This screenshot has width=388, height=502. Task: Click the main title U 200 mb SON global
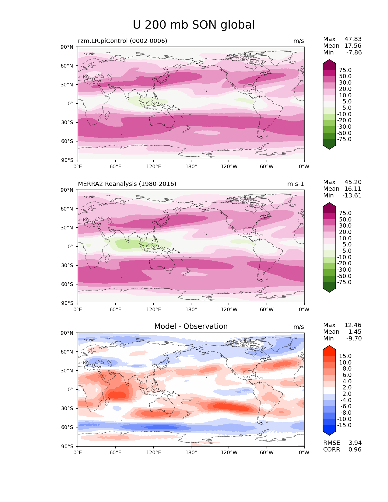tap(194, 25)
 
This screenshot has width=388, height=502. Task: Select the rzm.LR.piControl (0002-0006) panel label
tap(122, 41)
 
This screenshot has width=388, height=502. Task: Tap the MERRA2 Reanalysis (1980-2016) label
tap(127, 184)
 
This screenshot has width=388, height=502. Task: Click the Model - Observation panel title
tap(191, 326)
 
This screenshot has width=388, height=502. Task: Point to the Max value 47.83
tap(353, 39)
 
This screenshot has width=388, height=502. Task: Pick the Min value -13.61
tap(352, 196)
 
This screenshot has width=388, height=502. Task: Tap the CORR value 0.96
tap(355, 450)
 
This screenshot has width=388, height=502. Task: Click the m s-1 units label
tap(295, 184)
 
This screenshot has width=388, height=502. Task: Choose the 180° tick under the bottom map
tap(191, 453)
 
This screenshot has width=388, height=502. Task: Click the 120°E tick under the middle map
tap(153, 310)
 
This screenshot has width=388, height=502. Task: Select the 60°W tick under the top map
tap(267, 167)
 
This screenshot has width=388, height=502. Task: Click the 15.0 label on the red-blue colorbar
tap(345, 356)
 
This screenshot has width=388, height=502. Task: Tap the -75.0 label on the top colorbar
tap(344, 139)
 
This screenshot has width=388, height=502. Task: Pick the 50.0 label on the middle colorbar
tap(345, 219)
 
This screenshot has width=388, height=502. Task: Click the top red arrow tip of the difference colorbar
tap(329, 347)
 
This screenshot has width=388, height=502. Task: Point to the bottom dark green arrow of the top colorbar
tap(329, 147)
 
